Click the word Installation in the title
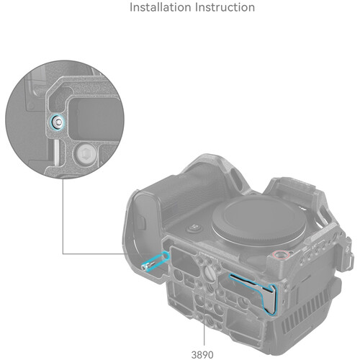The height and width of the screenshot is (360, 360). (161, 7)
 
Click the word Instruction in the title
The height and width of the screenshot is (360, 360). (225, 7)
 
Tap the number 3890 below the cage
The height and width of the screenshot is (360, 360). (202, 355)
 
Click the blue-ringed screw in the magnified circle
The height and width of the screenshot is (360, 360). (57, 122)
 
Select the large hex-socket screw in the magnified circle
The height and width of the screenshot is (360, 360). (86, 153)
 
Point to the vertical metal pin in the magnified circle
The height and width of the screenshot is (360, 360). (55, 152)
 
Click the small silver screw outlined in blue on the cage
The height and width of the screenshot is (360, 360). (146, 266)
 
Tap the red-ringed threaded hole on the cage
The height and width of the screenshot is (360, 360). (279, 255)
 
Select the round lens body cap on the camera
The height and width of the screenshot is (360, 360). (259, 221)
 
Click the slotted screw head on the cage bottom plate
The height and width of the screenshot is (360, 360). (210, 273)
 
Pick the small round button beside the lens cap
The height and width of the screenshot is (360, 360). (194, 228)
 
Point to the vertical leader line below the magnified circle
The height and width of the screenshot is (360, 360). (63, 216)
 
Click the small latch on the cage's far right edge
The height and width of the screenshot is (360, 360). (350, 261)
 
